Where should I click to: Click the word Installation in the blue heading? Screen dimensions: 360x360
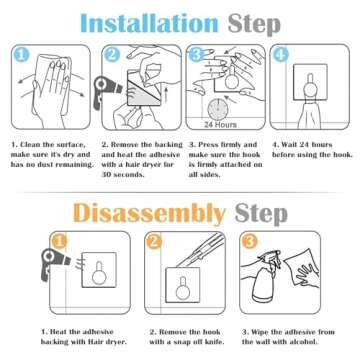[149, 23]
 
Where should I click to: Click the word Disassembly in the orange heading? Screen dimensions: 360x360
[149, 213]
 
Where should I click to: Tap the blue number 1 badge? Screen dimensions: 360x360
[21, 55]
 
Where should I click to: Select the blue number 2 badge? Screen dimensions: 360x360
[111, 55]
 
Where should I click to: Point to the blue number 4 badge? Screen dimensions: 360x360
[281, 55]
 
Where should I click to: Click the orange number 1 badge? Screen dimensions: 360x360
[59, 242]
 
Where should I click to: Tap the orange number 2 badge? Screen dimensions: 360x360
[154, 242]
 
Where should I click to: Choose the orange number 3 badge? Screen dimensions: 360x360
[249, 242]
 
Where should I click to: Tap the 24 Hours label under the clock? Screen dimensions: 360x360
[220, 125]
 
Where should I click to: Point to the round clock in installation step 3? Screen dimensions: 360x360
[217, 109]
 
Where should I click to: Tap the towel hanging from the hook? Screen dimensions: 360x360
[309, 115]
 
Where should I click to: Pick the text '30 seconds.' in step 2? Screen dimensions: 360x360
[123, 175]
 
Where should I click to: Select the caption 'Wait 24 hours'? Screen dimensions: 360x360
[302, 145]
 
